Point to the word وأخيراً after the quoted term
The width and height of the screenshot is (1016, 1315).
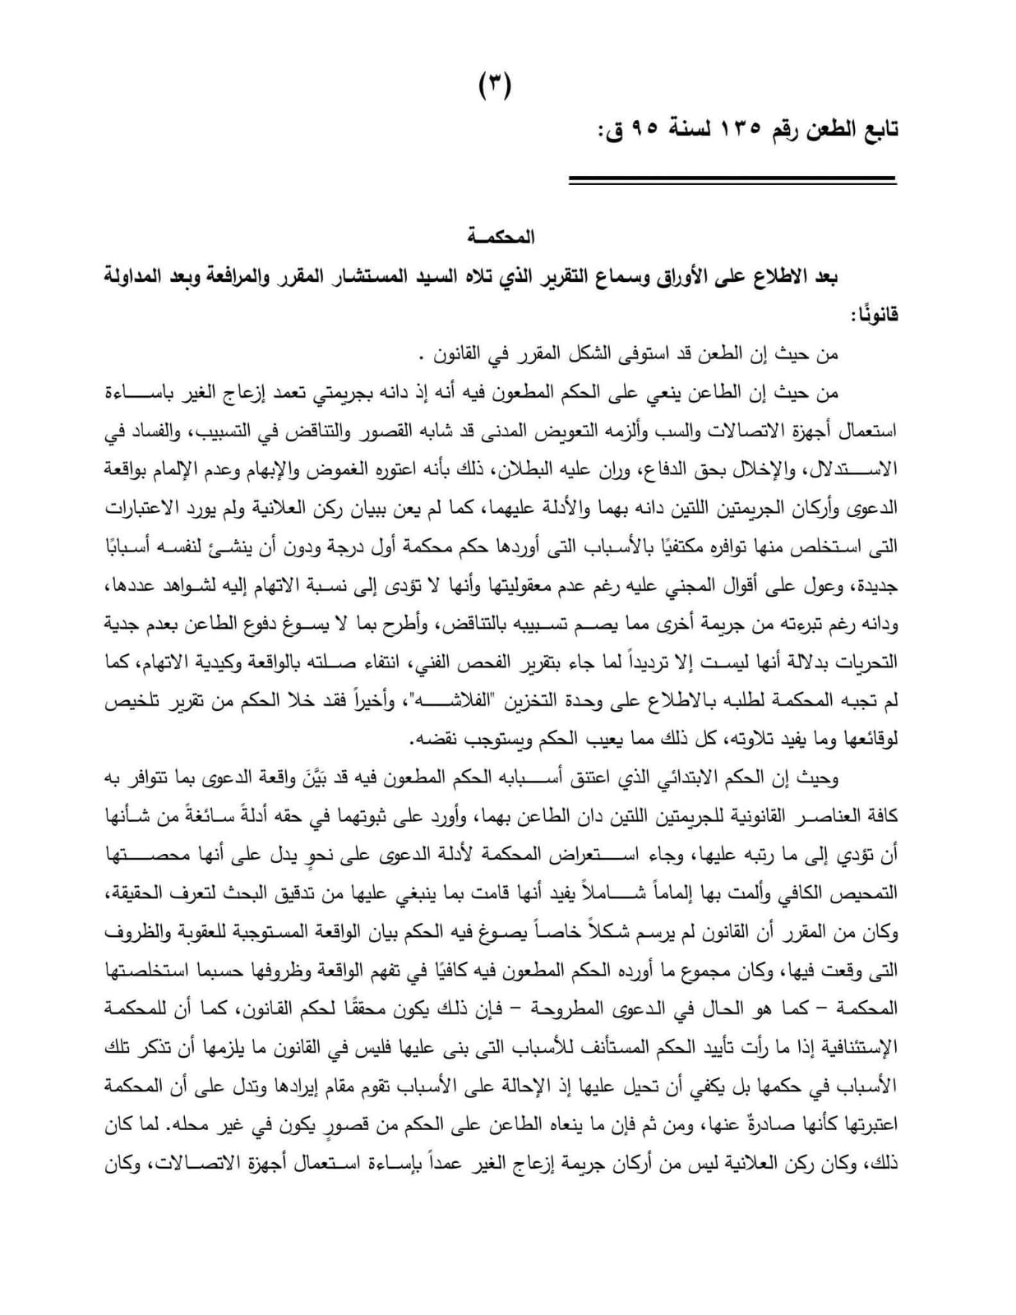(x=359, y=701)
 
